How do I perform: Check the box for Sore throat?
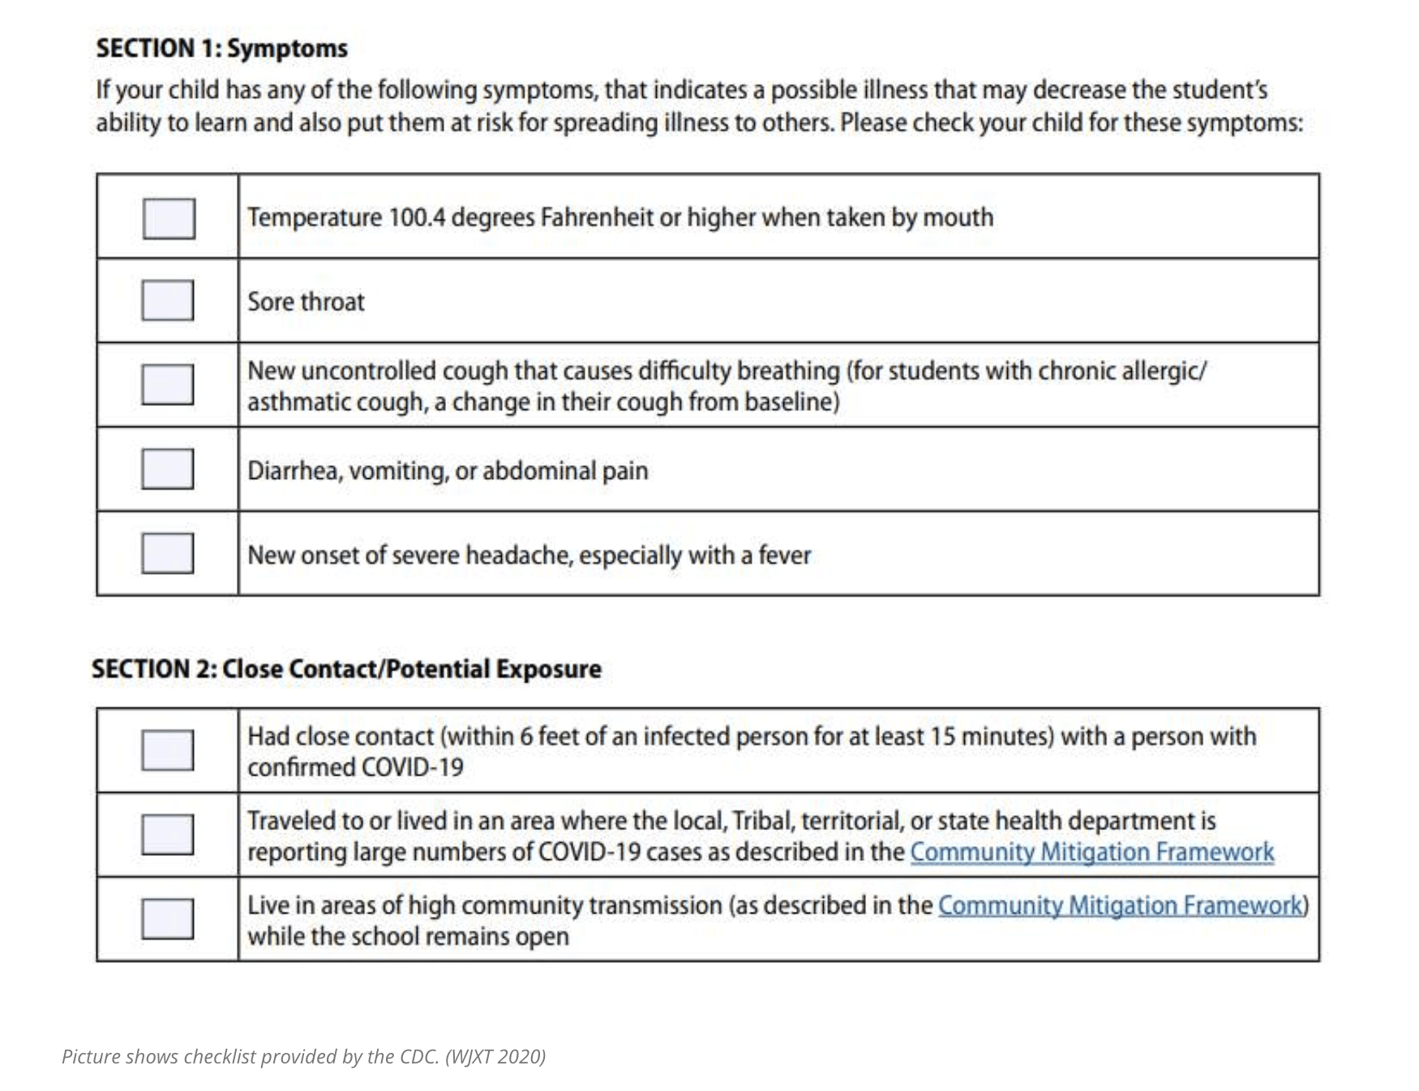click(x=168, y=301)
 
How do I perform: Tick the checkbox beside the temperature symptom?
click(x=169, y=218)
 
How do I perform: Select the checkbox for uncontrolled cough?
click(x=168, y=384)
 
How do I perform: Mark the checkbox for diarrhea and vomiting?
click(x=168, y=469)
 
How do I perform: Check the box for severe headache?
click(x=168, y=554)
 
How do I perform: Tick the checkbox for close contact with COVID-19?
click(x=168, y=751)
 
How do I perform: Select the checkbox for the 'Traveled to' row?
click(x=168, y=835)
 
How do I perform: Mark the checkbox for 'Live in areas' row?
click(x=168, y=919)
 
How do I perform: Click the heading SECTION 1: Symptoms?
click(x=221, y=49)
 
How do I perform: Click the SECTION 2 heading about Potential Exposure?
click(x=346, y=670)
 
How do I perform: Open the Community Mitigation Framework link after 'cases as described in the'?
click(x=1091, y=853)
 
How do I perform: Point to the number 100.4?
click(x=417, y=218)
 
